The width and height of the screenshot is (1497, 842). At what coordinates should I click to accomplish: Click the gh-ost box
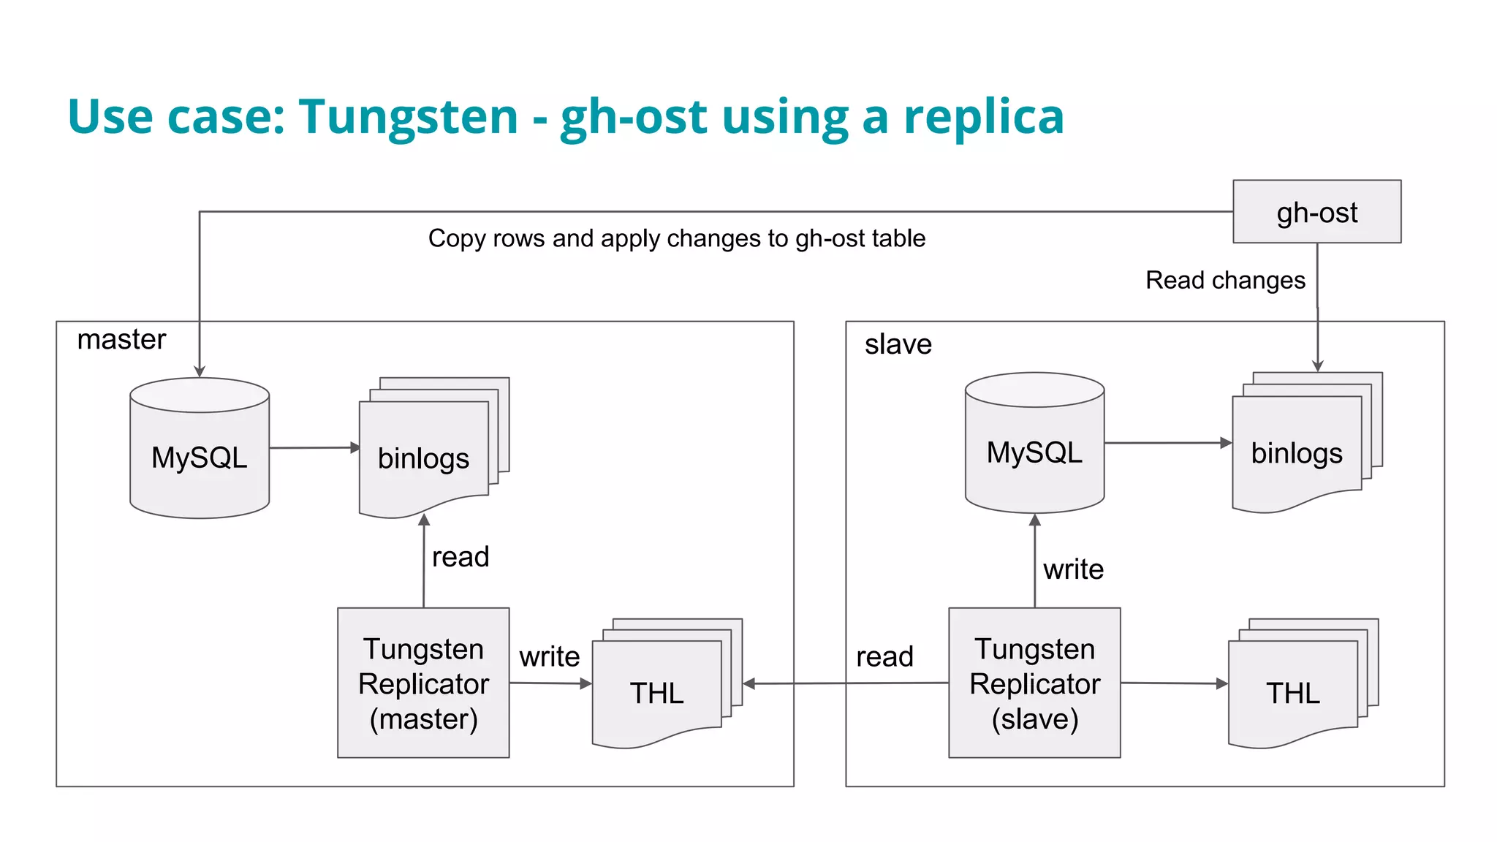tap(1316, 212)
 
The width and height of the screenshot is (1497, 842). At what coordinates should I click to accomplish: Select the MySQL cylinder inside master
tap(200, 457)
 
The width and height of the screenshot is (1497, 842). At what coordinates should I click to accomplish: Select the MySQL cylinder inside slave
tap(1034, 452)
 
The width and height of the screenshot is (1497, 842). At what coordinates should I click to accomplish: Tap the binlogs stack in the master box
tap(424, 458)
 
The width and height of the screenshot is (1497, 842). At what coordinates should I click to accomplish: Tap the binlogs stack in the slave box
tap(1297, 452)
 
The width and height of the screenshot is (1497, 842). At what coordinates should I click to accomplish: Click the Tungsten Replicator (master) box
tap(423, 683)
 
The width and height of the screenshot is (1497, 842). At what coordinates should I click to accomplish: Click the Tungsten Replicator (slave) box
tap(1034, 683)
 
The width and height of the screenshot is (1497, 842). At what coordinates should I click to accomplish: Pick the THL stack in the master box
tap(656, 692)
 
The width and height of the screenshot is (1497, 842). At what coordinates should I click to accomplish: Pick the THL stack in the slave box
tap(1292, 692)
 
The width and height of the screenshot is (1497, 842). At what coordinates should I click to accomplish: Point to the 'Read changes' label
tap(1225, 280)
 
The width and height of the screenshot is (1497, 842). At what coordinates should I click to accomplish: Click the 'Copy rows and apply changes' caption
tap(676, 238)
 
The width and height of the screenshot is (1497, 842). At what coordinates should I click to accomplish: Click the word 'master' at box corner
tap(121, 339)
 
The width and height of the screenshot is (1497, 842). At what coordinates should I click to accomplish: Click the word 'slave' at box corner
tap(898, 344)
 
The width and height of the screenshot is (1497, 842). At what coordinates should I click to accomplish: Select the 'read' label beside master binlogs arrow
tap(460, 557)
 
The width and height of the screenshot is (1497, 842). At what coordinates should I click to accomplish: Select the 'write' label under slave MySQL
tap(1073, 569)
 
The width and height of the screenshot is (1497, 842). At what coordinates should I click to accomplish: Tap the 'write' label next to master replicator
tap(549, 656)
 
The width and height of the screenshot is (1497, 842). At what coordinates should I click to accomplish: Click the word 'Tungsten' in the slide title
tap(408, 117)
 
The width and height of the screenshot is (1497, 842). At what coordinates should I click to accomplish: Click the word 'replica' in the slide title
tap(983, 117)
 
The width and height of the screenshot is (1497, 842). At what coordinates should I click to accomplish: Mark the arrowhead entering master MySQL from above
tap(200, 371)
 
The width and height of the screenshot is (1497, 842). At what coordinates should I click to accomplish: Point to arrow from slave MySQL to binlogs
tap(1167, 443)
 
